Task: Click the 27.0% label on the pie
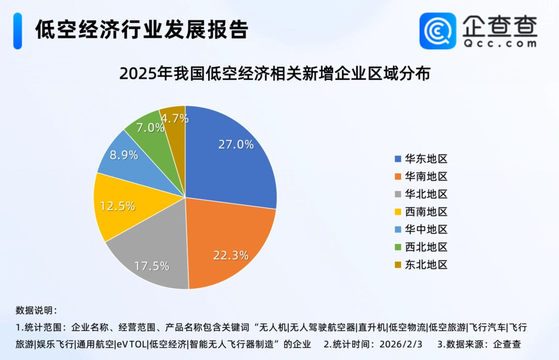pyautogui.click(x=236, y=145)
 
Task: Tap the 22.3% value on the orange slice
pyautogui.click(x=231, y=255)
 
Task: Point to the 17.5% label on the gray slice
pyautogui.click(x=152, y=266)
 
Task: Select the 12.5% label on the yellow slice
pyautogui.click(x=117, y=206)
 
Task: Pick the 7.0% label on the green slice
pyautogui.click(x=150, y=127)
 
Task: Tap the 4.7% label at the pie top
pyautogui.click(x=174, y=118)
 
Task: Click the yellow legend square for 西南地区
pyautogui.click(x=398, y=212)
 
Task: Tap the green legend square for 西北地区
pyautogui.click(x=398, y=247)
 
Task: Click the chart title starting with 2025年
pyautogui.click(x=275, y=74)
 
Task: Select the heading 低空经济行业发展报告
pyautogui.click(x=141, y=30)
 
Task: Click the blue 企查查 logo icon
pyautogui.click(x=437, y=31)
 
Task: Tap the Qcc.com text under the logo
pyautogui.click(x=499, y=44)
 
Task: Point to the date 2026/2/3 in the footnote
pyautogui.click(x=401, y=344)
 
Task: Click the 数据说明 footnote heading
pyautogui.click(x=36, y=311)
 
